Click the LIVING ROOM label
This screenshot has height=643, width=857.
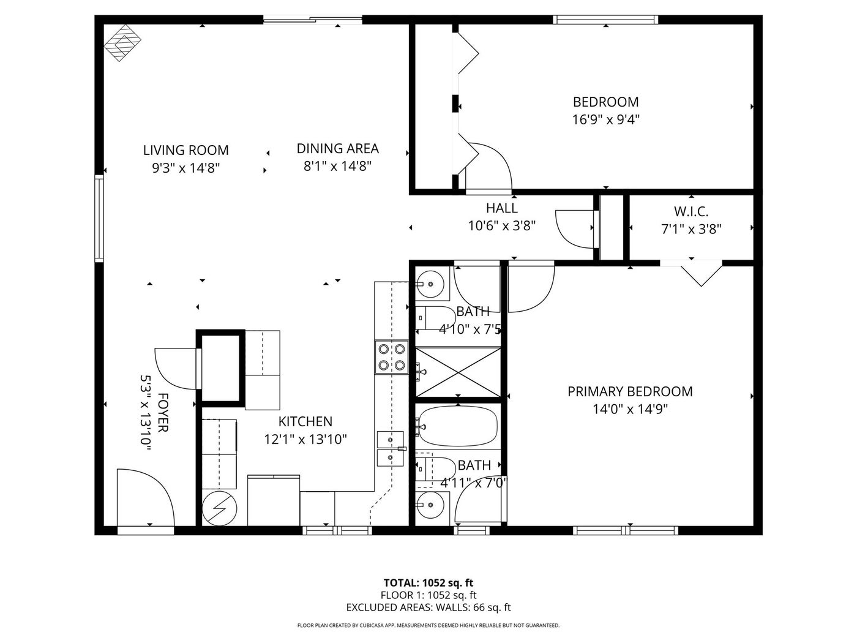(186, 150)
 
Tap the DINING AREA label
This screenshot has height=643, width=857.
(337, 148)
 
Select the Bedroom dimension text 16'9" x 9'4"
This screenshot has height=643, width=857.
(606, 119)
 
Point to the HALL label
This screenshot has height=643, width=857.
(502, 208)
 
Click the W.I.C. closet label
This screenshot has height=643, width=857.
(691, 212)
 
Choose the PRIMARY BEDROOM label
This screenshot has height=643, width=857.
(630, 391)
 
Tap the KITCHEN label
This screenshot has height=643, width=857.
(305, 422)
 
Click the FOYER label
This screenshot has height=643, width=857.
(163, 413)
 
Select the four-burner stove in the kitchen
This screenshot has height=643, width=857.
(392, 357)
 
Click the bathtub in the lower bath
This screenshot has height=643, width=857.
(458, 426)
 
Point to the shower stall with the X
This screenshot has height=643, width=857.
(458, 372)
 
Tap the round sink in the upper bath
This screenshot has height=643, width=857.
(430, 284)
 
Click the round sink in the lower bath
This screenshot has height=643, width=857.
(430, 505)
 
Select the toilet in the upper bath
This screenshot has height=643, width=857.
(433, 318)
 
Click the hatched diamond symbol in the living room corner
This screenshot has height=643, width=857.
(122, 43)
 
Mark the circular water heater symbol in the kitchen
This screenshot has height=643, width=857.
(219, 509)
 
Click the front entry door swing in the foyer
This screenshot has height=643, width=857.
(145, 498)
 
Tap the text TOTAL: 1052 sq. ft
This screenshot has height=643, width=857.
(428, 583)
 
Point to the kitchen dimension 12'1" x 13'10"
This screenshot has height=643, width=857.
(305, 440)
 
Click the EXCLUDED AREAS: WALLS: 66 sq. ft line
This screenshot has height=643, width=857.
(428, 607)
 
